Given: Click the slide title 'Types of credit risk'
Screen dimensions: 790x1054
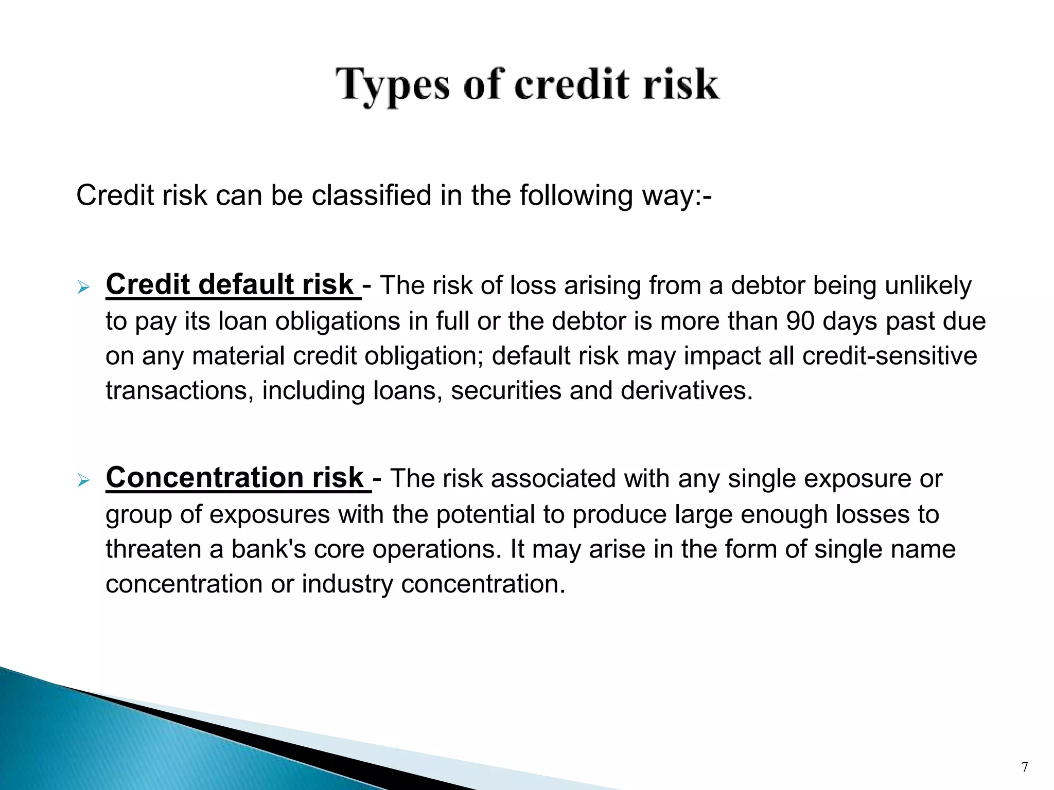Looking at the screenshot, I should tap(527, 85).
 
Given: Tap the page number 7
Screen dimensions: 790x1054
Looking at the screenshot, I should tap(1024, 767).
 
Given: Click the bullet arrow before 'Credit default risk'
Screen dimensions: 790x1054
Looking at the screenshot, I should tap(83, 288).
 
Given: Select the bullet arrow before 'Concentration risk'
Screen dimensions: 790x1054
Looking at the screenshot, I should tap(83, 481).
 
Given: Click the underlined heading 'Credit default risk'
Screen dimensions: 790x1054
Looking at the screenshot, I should tap(230, 284).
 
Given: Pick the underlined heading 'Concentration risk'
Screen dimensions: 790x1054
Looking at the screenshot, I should tap(235, 477).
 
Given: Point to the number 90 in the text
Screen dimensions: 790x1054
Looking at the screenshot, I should tap(800, 321).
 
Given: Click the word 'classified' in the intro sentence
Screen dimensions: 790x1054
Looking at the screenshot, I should tap(372, 195).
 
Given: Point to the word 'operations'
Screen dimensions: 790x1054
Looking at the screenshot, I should tap(436, 549).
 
